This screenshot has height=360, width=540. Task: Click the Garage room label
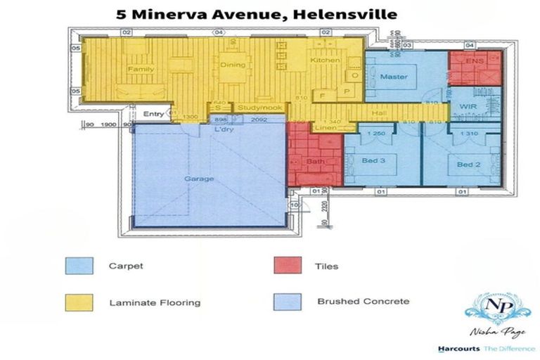(x=199, y=179)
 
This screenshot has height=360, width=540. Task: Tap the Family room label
(x=141, y=70)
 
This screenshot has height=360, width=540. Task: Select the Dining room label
(x=233, y=65)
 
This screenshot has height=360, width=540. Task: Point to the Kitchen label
(x=326, y=60)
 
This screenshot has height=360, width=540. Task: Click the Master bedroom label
(x=394, y=77)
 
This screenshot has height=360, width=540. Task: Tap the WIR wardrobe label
(x=468, y=106)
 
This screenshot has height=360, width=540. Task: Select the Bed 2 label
(x=468, y=165)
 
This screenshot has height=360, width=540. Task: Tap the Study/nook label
(x=252, y=108)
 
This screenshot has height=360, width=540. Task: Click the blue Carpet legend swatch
(x=78, y=266)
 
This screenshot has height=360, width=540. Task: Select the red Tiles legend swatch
(x=287, y=266)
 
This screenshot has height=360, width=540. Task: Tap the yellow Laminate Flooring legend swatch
(x=78, y=302)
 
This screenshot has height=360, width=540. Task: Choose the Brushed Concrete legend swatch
(x=287, y=302)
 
